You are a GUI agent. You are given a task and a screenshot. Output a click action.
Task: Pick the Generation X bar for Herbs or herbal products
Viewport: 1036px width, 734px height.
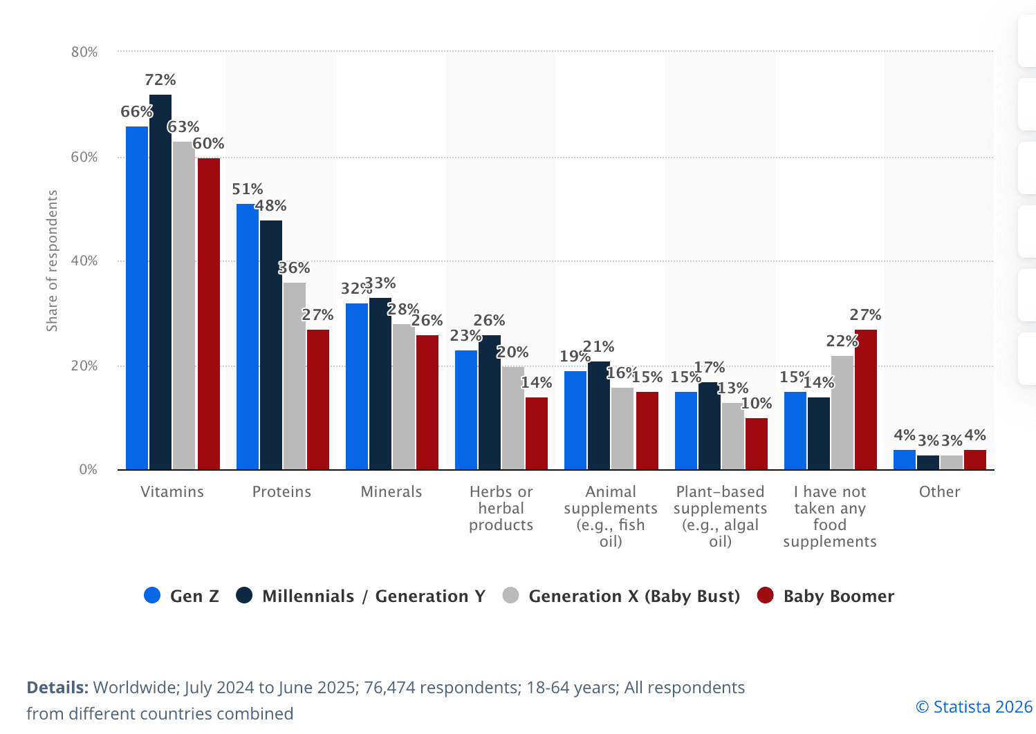click(x=513, y=418)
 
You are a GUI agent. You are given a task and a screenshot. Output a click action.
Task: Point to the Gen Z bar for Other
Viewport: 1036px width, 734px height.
click(x=904, y=460)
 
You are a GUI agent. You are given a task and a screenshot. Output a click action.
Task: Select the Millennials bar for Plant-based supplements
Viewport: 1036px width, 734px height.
click(x=710, y=426)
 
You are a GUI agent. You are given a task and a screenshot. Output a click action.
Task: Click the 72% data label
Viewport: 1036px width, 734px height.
click(x=160, y=80)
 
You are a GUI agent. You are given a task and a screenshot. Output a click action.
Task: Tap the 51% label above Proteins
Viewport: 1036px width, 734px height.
click(x=247, y=189)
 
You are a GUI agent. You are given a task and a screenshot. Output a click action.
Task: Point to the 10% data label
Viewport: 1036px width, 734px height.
click(x=757, y=404)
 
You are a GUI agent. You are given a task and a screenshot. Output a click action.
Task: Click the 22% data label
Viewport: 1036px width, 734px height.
click(x=842, y=341)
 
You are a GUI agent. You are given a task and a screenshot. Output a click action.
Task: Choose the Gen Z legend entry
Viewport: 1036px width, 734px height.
click(x=181, y=596)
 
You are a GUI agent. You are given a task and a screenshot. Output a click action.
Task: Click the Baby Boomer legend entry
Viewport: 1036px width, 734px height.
click(x=826, y=596)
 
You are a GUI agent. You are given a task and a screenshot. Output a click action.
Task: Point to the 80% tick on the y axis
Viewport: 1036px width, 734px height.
click(x=84, y=53)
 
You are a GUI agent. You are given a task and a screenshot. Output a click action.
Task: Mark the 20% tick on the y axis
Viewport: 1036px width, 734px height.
click(x=84, y=366)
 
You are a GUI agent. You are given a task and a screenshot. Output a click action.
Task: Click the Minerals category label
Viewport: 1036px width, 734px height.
click(x=391, y=492)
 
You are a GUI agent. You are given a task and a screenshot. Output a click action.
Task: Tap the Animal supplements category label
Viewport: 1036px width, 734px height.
click(x=611, y=516)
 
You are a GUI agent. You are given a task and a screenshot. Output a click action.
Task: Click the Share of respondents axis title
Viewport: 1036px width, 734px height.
click(x=52, y=261)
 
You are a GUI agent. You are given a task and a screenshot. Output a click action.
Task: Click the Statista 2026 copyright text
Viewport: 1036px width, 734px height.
click(x=974, y=707)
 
